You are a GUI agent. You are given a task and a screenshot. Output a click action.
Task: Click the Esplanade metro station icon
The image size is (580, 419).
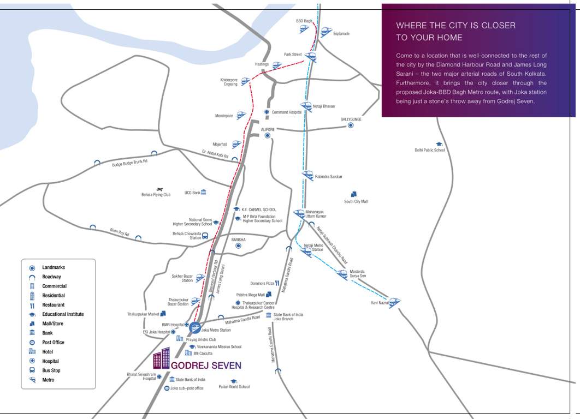(326, 32)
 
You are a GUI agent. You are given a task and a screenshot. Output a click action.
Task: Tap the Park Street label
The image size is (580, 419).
(293, 55)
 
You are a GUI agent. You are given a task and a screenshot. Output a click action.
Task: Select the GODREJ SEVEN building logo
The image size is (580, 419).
(161, 358)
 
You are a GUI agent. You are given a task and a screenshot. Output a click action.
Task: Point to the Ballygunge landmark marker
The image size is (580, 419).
(351, 125)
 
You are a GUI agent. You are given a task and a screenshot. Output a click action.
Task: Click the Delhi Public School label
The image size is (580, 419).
(430, 150)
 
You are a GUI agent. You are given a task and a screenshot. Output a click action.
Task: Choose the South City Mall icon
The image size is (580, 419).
(354, 194)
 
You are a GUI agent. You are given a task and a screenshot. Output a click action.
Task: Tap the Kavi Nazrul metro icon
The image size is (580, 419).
(394, 302)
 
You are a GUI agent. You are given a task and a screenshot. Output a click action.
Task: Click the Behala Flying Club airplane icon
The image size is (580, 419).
(159, 189)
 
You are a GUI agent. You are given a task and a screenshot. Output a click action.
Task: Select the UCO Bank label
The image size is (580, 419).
(192, 193)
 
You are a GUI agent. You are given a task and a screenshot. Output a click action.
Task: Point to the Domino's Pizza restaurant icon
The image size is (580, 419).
(277, 283)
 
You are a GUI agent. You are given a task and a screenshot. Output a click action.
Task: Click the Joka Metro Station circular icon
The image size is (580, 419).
(195, 329)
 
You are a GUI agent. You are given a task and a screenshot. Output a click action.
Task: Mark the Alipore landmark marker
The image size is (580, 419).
(268, 135)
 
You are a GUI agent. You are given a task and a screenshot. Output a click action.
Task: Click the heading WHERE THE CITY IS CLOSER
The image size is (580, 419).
(455, 26)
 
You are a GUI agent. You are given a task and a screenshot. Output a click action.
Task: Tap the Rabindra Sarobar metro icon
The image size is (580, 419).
(307, 176)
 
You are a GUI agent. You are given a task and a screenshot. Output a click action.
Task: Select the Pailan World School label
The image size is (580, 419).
(234, 387)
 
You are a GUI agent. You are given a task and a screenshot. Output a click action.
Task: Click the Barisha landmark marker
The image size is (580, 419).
(238, 246)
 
